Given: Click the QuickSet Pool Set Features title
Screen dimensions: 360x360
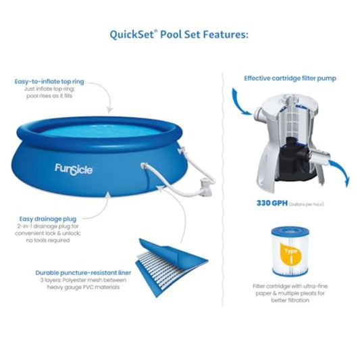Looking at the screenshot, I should click(179, 34).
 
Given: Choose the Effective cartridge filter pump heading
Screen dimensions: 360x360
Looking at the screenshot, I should click(290, 78).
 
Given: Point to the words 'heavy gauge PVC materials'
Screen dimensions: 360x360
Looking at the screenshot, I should click(80, 288).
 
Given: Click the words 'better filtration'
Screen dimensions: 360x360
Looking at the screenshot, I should click(289, 301).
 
